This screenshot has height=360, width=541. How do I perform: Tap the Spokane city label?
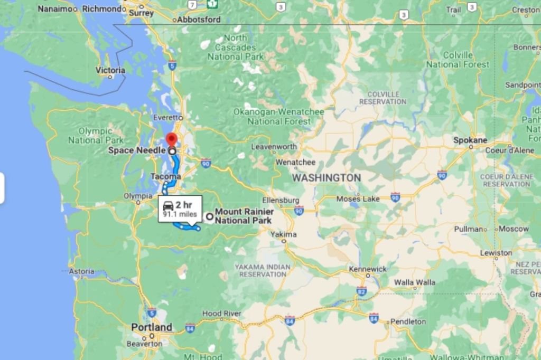470,140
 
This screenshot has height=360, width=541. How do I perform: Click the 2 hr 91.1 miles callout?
180,209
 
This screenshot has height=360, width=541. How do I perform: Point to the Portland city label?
152,327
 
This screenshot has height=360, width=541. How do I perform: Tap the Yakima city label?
284,234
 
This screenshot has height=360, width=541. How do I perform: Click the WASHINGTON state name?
327,178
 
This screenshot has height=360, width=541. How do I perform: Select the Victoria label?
110,70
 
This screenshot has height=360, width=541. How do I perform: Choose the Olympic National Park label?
96,136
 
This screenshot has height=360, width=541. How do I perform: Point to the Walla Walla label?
415,282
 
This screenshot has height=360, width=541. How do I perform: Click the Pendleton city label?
407,321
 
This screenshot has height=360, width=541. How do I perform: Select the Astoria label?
81,271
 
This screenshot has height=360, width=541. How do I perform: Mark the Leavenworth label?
274,146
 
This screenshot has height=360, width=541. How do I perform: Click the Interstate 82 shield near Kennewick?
361,291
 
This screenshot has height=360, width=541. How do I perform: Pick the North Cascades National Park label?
235,47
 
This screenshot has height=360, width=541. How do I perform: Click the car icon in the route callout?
168,206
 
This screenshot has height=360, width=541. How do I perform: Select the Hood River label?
221,314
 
